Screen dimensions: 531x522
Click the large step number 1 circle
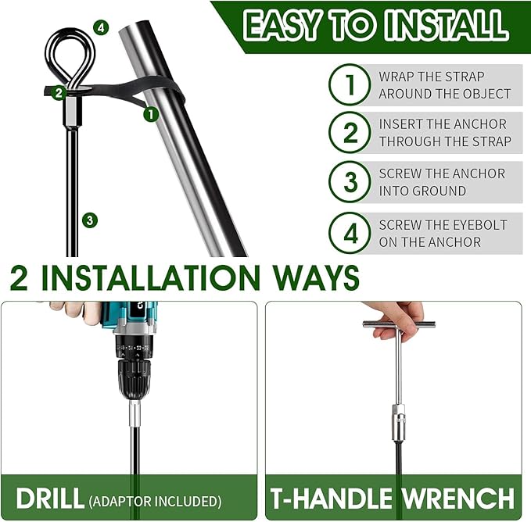pyautogui.click(x=350, y=84)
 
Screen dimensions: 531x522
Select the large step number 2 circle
pyautogui.click(x=350, y=132)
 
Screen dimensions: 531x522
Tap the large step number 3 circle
pyautogui.click(x=350, y=182)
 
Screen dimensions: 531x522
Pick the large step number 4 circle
pyautogui.click(x=350, y=233)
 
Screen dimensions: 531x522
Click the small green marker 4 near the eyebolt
pyautogui.click(x=101, y=27)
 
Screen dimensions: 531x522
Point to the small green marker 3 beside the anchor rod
pyautogui.click(x=90, y=220)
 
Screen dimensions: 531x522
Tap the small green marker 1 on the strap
pyautogui.click(x=151, y=114)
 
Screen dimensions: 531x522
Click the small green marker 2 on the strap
pyautogui.click(x=59, y=93)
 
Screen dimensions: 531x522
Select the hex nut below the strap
pyautogui.click(x=71, y=110)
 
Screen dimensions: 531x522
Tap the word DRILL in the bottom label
pyautogui.click(x=50, y=498)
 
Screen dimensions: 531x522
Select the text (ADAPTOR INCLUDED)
pyautogui.click(x=156, y=501)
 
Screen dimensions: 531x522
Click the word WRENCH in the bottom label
pyautogui.click(x=457, y=498)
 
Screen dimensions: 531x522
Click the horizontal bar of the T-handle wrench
pyautogui.click(x=399, y=324)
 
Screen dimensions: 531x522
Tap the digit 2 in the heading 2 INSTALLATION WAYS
pyautogui.click(x=19, y=277)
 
